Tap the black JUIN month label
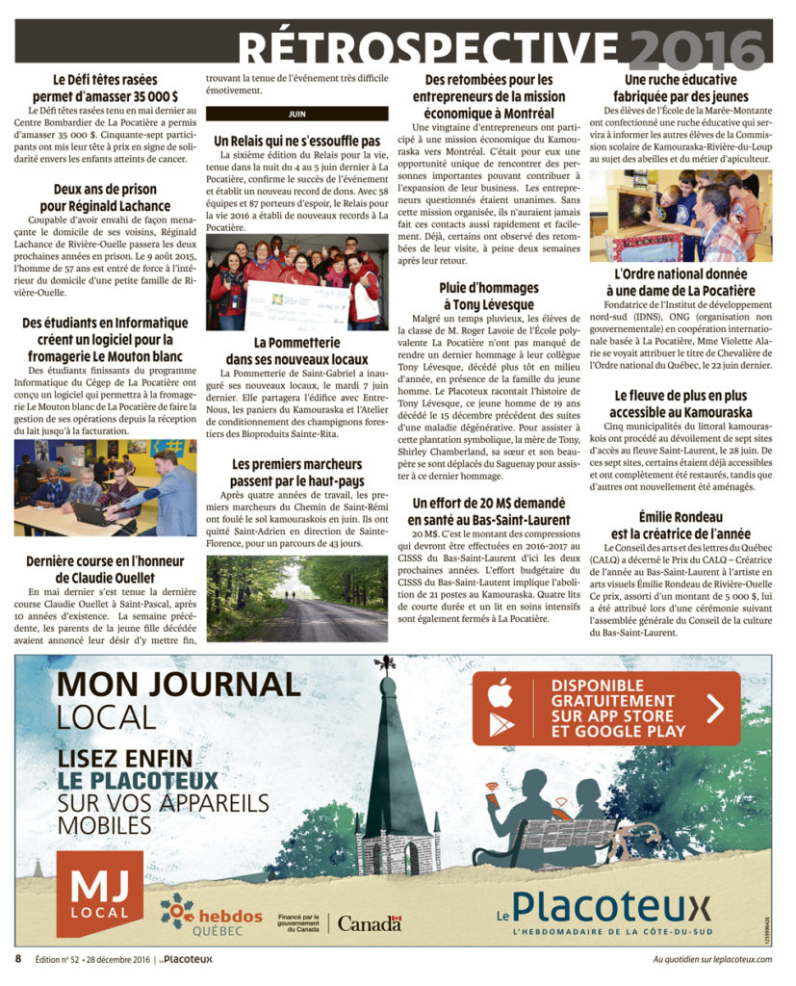coord(296,114)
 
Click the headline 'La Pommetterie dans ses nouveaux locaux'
coord(296,350)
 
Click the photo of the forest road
coord(296,598)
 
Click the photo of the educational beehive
coord(680,216)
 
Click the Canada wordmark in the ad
coord(370,923)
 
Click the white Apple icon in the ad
coord(497,692)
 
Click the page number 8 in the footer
coord(17,959)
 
